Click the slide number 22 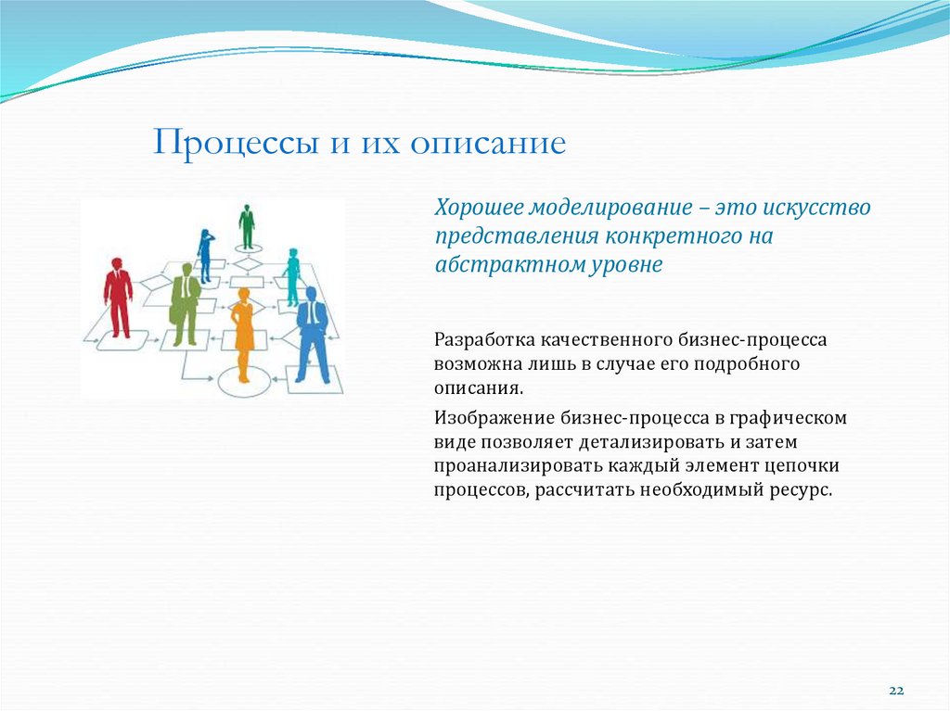896,692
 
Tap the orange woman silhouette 244,334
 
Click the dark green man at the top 247,226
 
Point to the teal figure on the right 293,276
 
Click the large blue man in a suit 313,334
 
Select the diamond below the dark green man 247,263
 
